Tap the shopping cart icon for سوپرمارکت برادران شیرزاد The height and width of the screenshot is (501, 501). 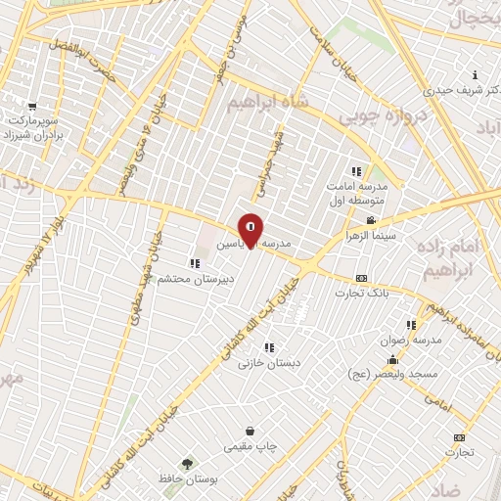coord(32,107)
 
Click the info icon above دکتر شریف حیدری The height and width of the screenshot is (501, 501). coord(475,75)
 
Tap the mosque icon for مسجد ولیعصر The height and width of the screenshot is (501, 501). coord(393,358)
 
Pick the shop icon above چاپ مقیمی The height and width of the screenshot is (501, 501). coord(250,431)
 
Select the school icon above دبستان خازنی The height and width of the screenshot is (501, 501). coord(268,346)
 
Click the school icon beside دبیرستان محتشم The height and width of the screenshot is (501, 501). coord(196,262)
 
